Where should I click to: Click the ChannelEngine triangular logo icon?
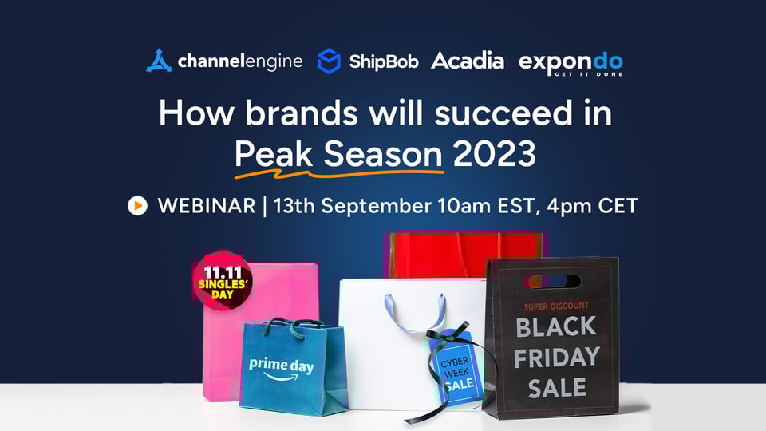159,61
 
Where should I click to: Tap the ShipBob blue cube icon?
329,61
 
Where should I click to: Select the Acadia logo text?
468,61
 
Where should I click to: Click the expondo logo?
571,64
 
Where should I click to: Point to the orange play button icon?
138,206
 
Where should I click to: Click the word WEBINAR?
207,206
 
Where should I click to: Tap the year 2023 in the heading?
495,153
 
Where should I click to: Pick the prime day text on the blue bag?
282,365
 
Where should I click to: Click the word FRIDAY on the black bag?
556,358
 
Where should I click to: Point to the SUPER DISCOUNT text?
556,306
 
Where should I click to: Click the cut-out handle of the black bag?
552,282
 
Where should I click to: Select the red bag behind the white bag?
464,255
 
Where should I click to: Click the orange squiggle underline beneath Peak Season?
339,173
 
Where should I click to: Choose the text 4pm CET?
593,206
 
